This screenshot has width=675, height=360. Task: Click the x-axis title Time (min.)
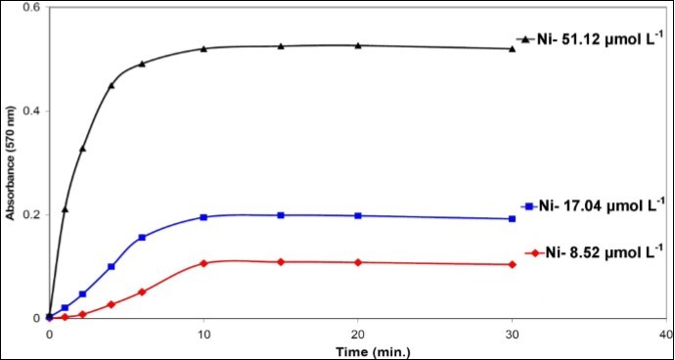tap(357, 348)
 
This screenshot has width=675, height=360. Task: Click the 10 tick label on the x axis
tap(203, 333)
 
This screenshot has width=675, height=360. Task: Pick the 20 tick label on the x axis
tap(358, 333)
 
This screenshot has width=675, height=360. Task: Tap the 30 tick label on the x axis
tap(513, 333)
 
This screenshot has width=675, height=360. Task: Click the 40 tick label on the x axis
tap(665, 333)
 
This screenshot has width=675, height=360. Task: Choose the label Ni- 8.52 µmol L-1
tap(596, 253)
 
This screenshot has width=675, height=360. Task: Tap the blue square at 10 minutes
tap(203, 217)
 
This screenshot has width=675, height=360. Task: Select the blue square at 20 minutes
tap(358, 215)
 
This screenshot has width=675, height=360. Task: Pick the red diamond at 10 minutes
tap(203, 263)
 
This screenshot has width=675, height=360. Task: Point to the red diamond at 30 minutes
tap(513, 264)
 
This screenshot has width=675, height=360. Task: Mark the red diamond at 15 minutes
tap(281, 262)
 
